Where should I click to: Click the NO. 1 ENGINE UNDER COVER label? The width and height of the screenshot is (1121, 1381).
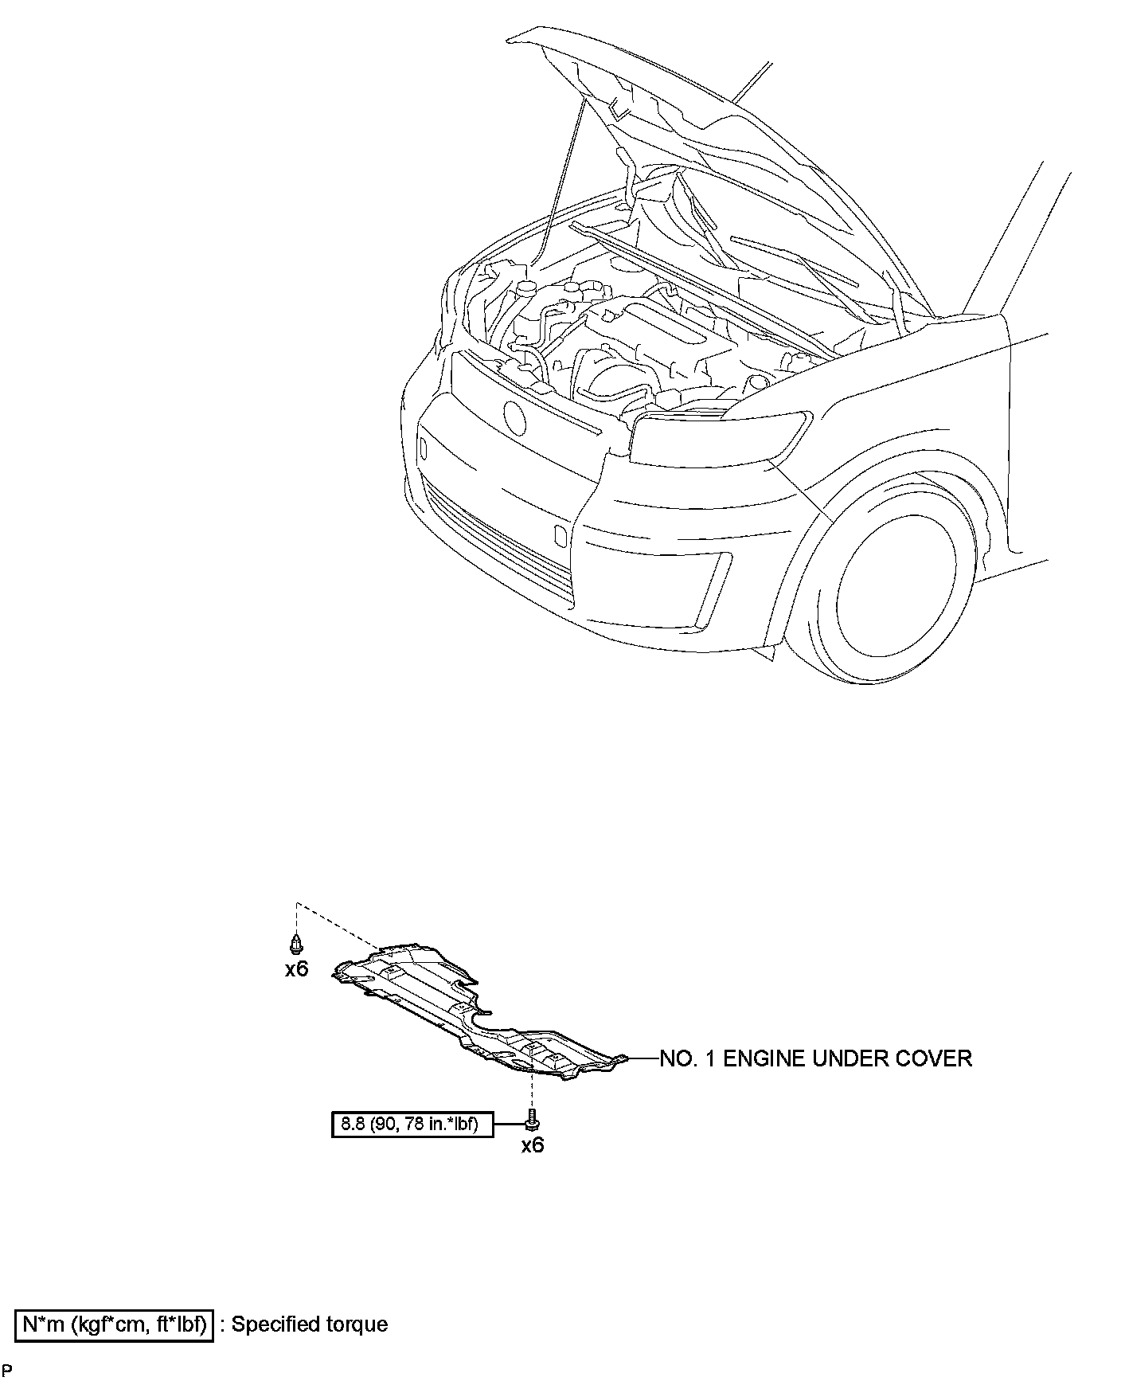(816, 1058)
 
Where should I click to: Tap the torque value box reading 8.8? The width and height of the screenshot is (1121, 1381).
(410, 1125)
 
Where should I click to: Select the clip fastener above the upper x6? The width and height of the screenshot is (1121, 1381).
(296, 945)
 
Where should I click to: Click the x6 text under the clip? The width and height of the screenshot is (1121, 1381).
(296, 969)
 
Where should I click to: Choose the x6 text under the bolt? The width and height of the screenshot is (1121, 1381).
(532, 1146)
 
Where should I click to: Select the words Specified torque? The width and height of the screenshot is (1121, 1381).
(310, 1324)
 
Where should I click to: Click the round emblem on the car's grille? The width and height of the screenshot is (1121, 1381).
(514, 417)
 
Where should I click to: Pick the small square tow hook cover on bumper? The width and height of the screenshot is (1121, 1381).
(560, 535)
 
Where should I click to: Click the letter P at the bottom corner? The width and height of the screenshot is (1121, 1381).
(7, 1370)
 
